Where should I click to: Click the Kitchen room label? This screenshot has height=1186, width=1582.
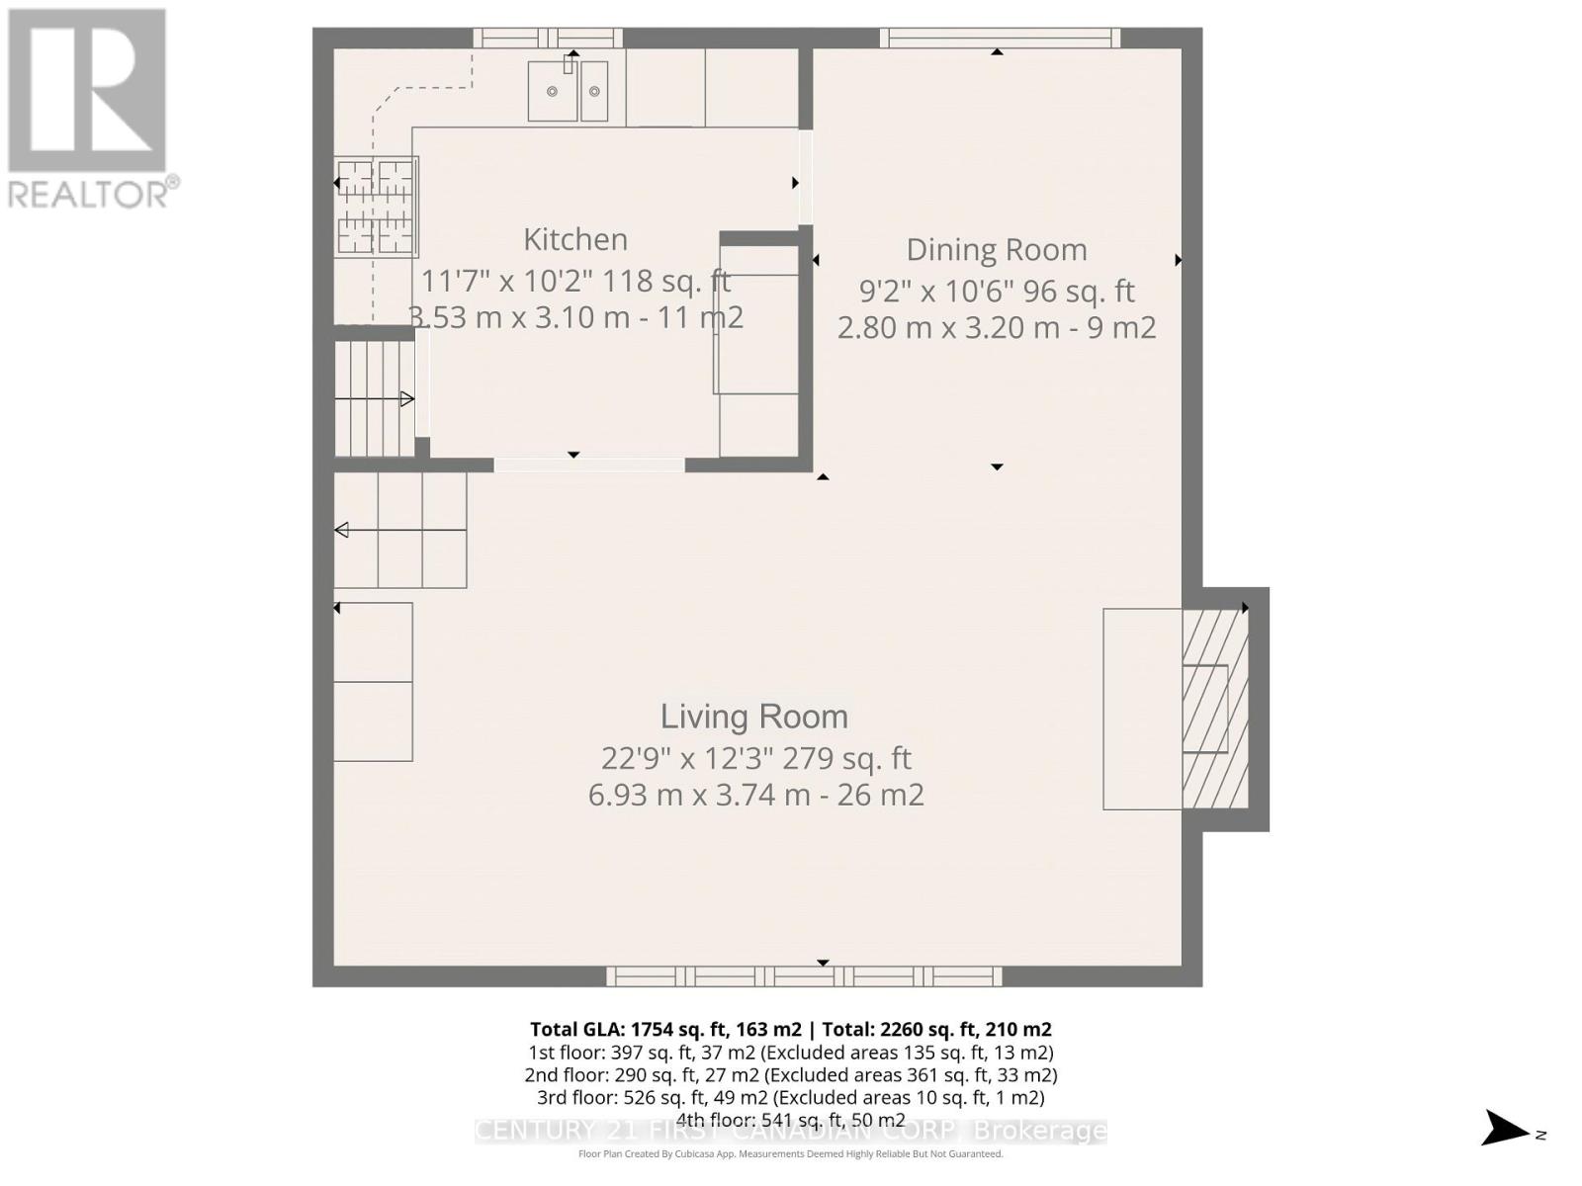tap(574, 239)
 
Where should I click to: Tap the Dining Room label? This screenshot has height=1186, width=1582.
tap(996, 250)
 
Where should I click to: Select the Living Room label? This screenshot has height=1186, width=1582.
tap(753, 717)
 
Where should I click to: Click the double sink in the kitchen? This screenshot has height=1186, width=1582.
tap(568, 91)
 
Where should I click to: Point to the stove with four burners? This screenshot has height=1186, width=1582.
tap(376, 207)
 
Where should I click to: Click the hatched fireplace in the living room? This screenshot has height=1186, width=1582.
tap(1215, 709)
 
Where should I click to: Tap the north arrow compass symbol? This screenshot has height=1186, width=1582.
tap(1508, 1129)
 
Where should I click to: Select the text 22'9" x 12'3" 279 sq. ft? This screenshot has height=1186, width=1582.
tap(755, 758)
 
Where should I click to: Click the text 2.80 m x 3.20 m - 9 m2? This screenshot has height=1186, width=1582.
tap(996, 327)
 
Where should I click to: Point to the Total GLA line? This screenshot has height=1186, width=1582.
tap(790, 1029)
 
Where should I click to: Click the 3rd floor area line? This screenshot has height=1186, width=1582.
tap(790, 1097)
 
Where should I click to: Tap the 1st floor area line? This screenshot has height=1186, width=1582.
tap(790, 1052)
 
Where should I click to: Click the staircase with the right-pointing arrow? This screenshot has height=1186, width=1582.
tap(374, 398)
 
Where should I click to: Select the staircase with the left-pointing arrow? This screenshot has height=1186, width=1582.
tap(399, 531)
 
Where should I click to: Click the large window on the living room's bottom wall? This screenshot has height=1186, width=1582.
tap(803, 976)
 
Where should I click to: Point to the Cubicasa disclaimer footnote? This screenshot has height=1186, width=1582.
tap(790, 1153)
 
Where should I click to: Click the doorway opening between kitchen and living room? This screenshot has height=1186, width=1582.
tap(589, 464)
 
